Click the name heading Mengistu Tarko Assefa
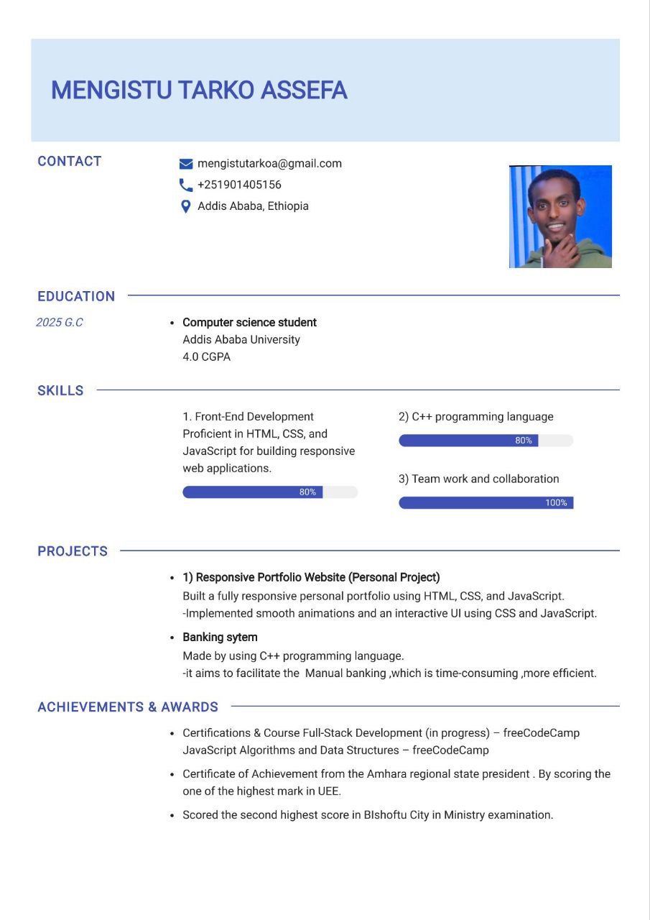[199, 91]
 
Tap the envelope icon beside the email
[186, 164]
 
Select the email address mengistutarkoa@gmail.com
[269, 163]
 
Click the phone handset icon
[186, 185]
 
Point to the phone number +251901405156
[239, 185]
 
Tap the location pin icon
[185, 206]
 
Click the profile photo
[560, 216]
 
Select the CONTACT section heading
[70, 161]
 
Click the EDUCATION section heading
[76, 296]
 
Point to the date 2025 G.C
[60, 323]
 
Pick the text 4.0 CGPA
[206, 356]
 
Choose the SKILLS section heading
[60, 391]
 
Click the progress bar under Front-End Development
[269, 492]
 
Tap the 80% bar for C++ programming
[486, 441]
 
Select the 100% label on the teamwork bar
[556, 503]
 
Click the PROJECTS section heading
[73, 551]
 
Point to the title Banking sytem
[220, 638]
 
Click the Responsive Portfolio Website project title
[311, 577]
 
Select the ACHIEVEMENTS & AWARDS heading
[128, 707]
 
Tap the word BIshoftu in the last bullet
[385, 815]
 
